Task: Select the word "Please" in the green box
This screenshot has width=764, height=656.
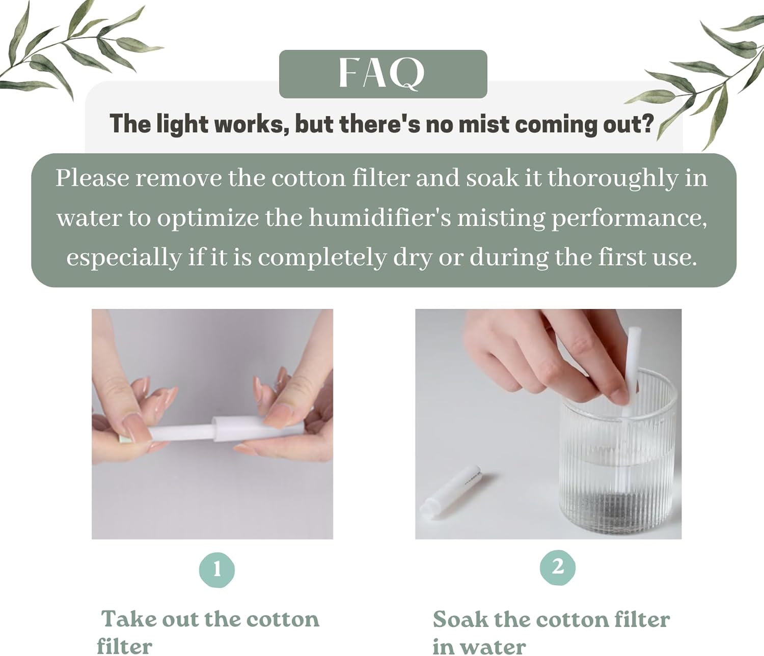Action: coord(92,178)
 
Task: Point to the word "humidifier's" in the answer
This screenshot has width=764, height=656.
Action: coord(379,218)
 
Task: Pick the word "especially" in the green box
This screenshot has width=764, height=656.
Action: coord(124,258)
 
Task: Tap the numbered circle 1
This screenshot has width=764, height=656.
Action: coord(217,569)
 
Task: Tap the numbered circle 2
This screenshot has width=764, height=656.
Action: coord(558,567)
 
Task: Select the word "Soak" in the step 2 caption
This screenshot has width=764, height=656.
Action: coord(460,619)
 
